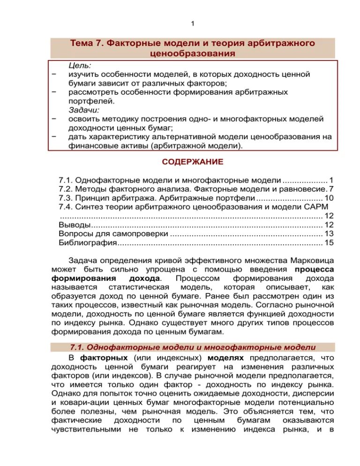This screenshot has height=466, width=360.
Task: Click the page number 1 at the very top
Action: (193, 24)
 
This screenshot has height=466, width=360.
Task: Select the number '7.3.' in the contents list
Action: (67, 198)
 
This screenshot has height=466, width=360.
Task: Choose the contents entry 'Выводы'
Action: (71, 225)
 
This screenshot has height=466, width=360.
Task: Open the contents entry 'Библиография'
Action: (87, 242)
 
